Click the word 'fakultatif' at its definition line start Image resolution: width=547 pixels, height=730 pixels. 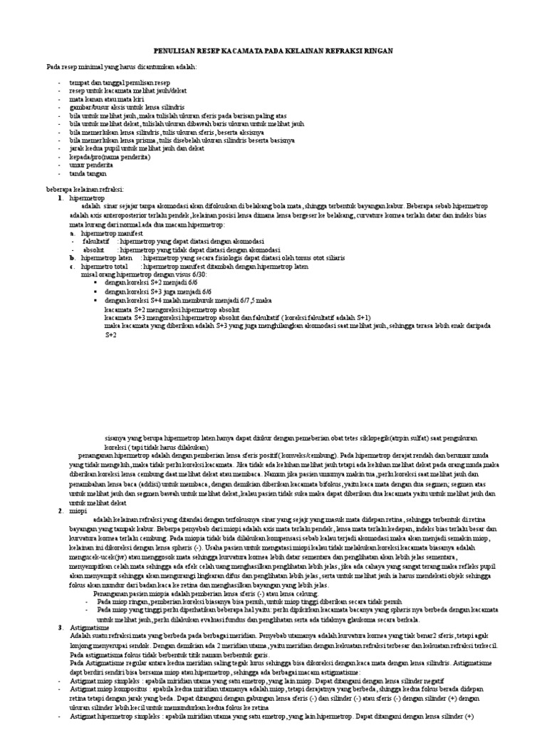pos(97,240)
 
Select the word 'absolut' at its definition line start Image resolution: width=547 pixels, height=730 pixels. pos(94,250)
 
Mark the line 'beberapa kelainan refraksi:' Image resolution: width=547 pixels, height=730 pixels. pos(86,190)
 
